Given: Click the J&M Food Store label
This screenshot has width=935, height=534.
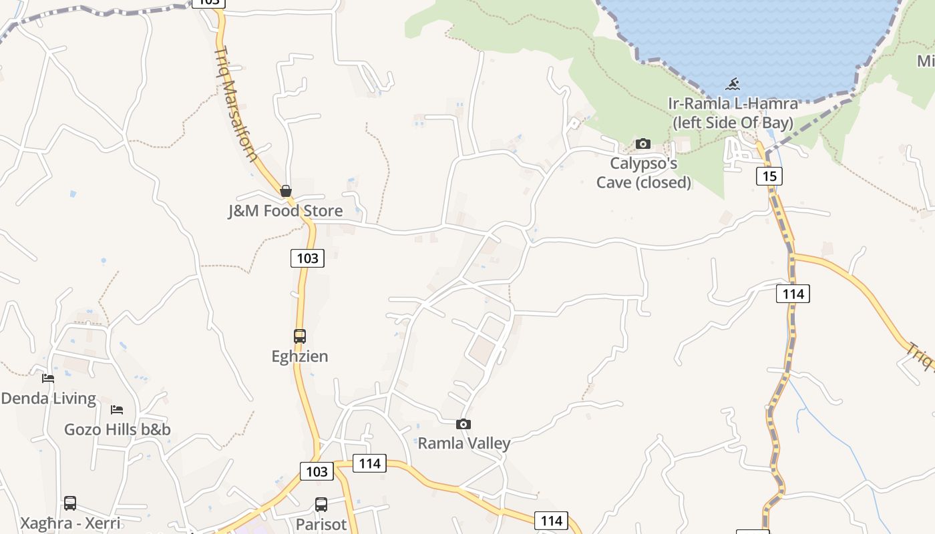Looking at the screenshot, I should pos(285,211).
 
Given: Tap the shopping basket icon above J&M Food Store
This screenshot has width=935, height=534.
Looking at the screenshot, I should pos(286,192).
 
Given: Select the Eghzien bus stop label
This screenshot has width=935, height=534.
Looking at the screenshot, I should pos(300,356).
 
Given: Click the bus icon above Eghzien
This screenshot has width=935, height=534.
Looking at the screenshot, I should pos(300,336).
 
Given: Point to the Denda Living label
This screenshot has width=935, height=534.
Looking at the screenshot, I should pos(48,398).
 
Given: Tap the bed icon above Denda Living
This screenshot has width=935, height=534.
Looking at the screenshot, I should pos(48,378).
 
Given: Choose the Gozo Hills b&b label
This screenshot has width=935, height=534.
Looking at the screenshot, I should pos(118,429).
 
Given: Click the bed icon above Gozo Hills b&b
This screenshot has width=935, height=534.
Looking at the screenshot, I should pos(117,409).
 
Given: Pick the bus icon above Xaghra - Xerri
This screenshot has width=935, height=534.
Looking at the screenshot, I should pos(70,503).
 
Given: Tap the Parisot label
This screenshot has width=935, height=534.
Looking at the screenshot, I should pos(321,524).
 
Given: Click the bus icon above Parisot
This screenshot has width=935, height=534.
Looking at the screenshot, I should pos(321,505).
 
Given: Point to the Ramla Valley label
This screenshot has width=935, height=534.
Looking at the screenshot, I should pos(463,443).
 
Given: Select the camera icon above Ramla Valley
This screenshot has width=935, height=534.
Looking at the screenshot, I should pos(463,424).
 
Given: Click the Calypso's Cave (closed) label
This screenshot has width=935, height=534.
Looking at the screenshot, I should pos(643,173).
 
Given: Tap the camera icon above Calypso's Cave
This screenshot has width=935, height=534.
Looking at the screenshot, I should pos(643,144).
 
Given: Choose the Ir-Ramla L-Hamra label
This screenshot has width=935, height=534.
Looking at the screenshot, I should pos(733,113).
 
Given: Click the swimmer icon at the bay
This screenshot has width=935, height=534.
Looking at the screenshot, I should pos(733,84).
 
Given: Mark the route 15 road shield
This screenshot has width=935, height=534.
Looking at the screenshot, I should pos(769,176).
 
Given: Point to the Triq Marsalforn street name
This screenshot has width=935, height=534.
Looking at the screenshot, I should pos(236,103).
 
